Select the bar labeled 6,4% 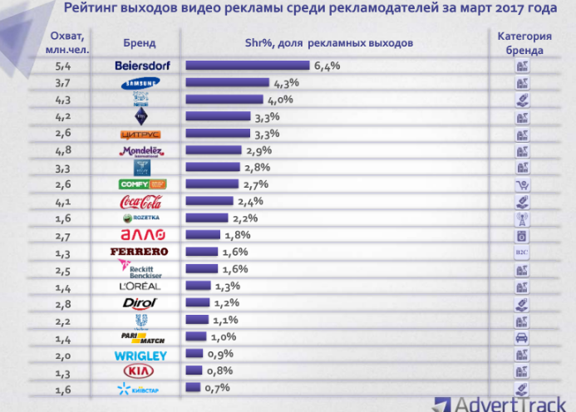tap(247, 66)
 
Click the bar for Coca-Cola tap(211, 201)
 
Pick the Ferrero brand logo tap(140, 252)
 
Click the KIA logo tap(140, 370)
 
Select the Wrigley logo tap(140, 355)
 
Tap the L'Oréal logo tap(140, 286)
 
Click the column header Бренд tap(139, 42)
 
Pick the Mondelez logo tap(140, 150)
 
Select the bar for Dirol tap(201, 303)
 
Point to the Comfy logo tap(140, 184)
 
